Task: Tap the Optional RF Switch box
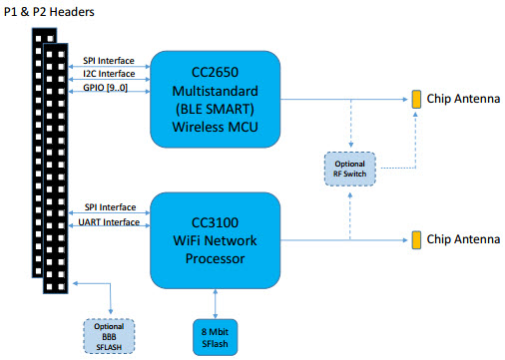point(349,167)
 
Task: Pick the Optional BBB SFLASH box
point(109,332)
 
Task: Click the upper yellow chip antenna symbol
point(414,99)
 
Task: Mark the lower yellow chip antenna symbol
point(414,239)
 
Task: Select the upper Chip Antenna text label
point(460,99)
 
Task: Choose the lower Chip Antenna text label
point(460,239)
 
